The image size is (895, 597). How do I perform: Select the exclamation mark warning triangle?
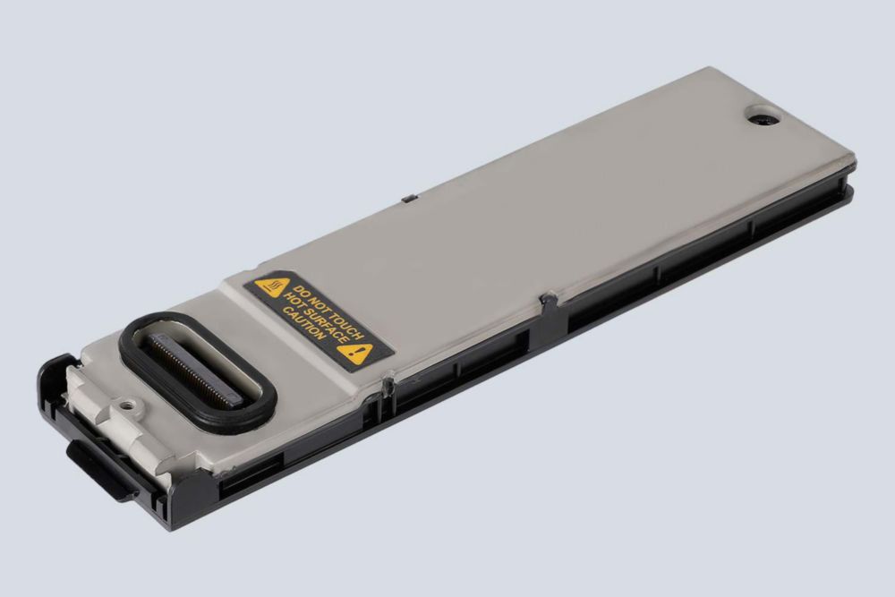[356, 354]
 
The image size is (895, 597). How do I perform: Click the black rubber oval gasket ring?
[198, 371]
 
